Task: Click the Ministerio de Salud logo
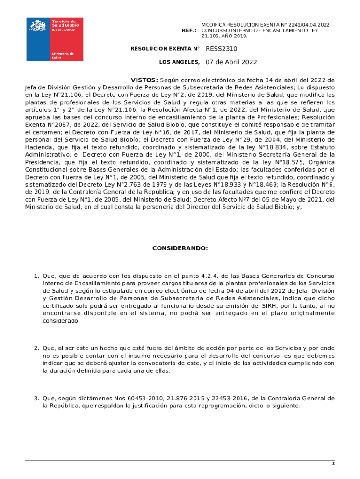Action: tap(55, 39)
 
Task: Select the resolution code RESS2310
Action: tap(222, 49)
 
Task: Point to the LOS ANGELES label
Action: tap(179, 62)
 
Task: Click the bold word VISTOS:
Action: tap(144, 80)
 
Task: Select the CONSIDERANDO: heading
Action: tap(180, 248)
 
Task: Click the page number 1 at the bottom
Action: tap(333, 464)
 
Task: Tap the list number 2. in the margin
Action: tap(36, 348)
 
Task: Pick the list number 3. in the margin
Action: tap(36, 399)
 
